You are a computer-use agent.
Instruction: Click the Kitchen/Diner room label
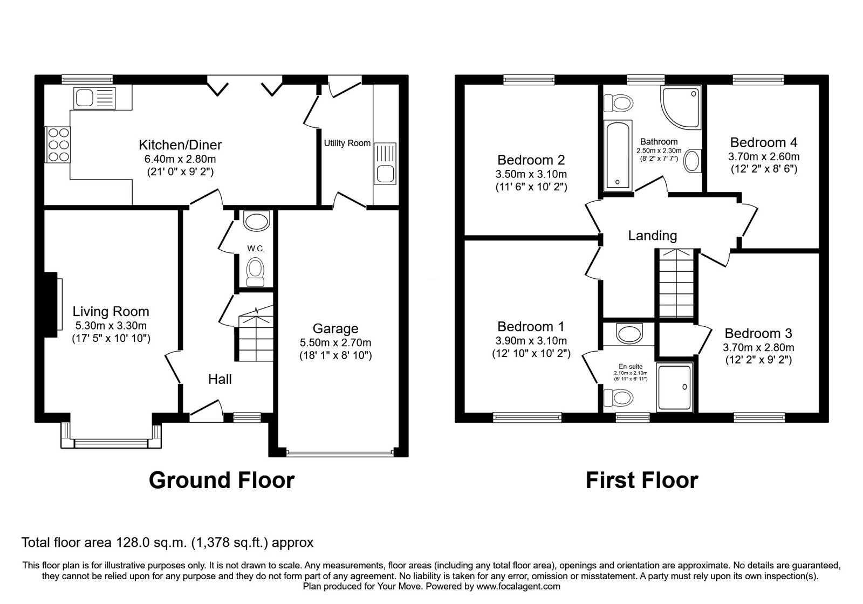[x=180, y=145]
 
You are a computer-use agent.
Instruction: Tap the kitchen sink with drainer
[x=94, y=98]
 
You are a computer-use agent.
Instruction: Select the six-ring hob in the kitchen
[x=58, y=145]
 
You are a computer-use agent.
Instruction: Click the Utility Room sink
[x=385, y=163]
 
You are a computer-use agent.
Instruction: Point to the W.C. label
[x=256, y=249]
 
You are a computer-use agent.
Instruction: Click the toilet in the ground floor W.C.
[x=256, y=272]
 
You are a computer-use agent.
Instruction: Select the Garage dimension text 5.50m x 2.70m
[x=335, y=342]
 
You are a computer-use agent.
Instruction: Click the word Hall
[x=220, y=379]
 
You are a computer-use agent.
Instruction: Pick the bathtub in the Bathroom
[x=618, y=156]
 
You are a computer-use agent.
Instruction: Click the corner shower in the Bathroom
[x=681, y=107]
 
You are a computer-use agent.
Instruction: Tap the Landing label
[x=652, y=235]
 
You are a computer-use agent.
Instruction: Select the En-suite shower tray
[x=675, y=387]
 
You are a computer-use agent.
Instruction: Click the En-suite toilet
[x=618, y=397]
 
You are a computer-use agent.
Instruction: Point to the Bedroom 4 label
[x=764, y=142]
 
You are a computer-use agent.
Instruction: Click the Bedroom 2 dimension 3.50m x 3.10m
[x=531, y=174]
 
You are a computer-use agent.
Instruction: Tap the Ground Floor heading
[x=222, y=481]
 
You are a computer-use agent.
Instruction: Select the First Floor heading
[x=642, y=481]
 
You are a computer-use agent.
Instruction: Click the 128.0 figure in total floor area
[x=133, y=543]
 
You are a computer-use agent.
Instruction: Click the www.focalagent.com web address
[x=518, y=587]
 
